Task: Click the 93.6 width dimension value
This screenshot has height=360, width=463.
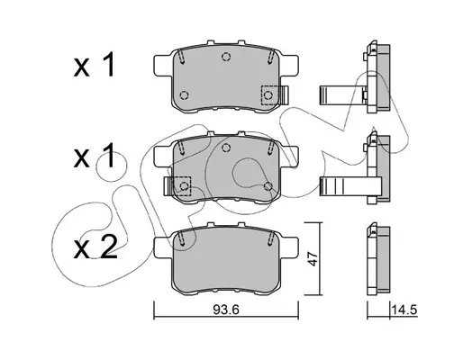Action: pyautogui.click(x=226, y=310)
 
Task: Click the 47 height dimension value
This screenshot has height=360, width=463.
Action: pyautogui.click(x=313, y=259)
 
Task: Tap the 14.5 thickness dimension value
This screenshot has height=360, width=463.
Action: pyautogui.click(x=404, y=310)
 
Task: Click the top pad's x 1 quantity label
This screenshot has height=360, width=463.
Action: pyautogui.click(x=94, y=65)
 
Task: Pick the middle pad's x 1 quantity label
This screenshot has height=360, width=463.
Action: pyautogui.click(x=94, y=156)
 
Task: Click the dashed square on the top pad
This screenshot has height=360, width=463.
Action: pyautogui.click(x=269, y=95)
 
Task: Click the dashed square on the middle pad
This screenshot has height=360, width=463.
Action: pyautogui.click(x=183, y=186)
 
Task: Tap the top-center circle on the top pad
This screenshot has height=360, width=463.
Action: pyautogui.click(x=226, y=57)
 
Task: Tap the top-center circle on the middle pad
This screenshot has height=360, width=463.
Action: pyautogui.click(x=226, y=148)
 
